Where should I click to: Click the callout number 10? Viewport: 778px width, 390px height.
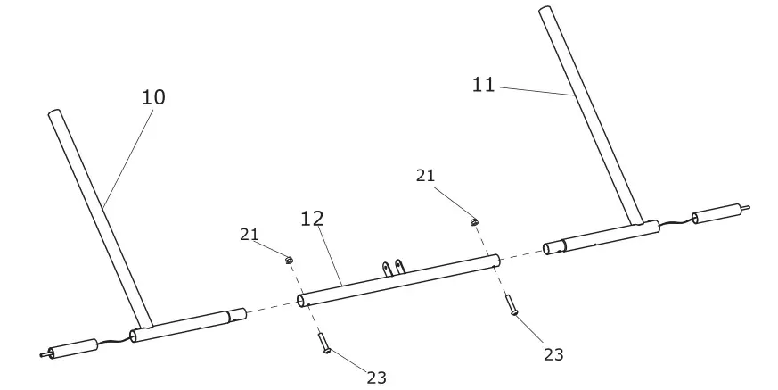point(153,96)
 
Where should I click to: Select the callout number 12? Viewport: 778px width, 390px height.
point(312,218)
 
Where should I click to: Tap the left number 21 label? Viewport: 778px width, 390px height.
point(250,235)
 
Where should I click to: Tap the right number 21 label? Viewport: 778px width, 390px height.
point(426,176)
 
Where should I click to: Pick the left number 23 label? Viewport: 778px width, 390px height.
point(377,378)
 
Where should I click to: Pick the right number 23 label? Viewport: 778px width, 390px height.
point(553,354)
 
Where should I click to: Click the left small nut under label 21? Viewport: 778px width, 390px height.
point(289,260)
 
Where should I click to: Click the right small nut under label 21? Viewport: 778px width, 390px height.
point(475,220)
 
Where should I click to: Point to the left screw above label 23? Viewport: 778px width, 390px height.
point(323,343)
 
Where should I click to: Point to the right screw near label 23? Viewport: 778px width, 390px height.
point(512,304)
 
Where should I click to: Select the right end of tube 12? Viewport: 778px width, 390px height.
point(495,260)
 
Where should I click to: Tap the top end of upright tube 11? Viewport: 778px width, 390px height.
point(544,11)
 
